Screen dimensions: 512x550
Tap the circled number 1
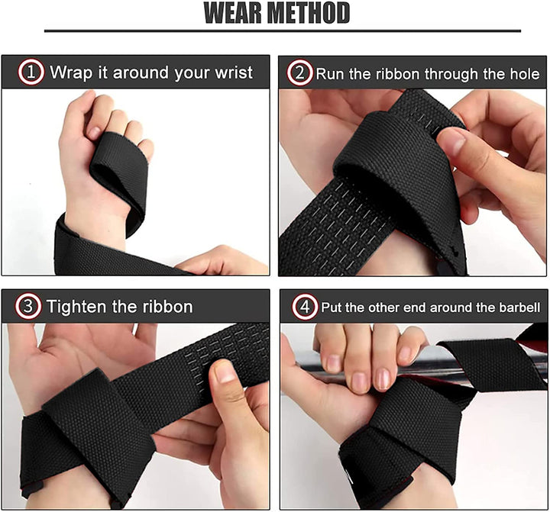coord(31,73)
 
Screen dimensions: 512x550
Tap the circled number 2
coord(298,74)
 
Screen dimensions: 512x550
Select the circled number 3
coord(28,307)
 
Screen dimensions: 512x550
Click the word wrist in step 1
coord(233,74)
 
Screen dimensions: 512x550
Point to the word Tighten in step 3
coord(78,307)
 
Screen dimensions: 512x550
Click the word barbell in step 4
coord(519,309)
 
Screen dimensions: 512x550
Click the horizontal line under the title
coord(283,31)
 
